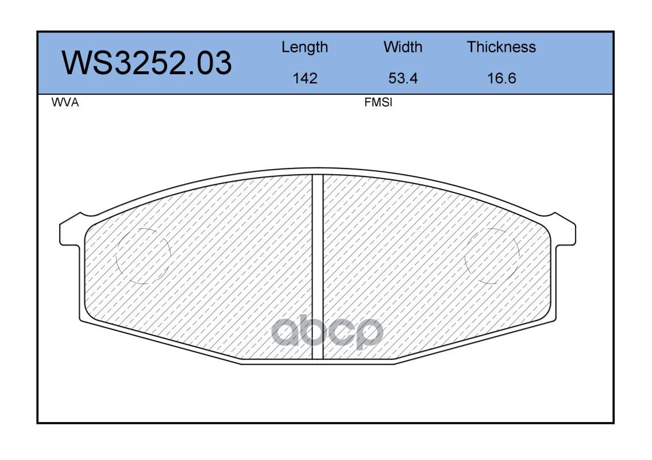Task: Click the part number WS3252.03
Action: [146, 63]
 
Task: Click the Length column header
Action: [304, 48]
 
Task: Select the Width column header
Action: [403, 47]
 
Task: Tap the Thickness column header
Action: [501, 47]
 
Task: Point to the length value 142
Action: [305, 78]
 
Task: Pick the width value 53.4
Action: [403, 78]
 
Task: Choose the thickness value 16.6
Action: [501, 78]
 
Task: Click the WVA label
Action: [65, 102]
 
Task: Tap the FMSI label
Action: [378, 102]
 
